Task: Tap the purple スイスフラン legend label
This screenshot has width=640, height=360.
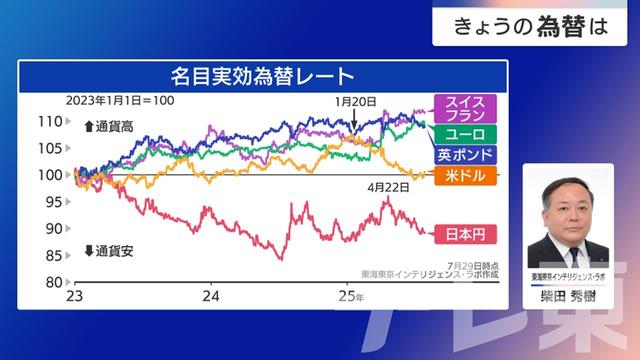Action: [465, 109]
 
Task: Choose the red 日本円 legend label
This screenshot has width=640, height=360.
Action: [464, 234]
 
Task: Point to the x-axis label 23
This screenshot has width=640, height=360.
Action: [74, 297]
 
